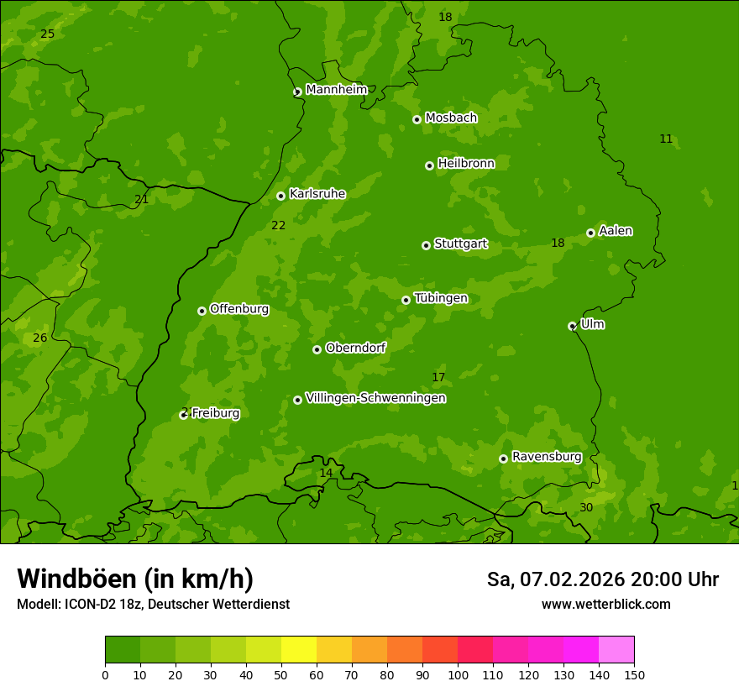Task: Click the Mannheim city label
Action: coord(336,90)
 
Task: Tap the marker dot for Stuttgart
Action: coord(426,245)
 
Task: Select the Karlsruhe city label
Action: coord(317,194)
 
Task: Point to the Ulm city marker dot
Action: coord(572,326)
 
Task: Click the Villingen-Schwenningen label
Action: coord(375,398)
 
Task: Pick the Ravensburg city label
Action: coord(546,457)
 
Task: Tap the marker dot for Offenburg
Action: coord(202,311)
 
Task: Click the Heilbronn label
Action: coord(466,164)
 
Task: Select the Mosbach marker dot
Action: coord(417,119)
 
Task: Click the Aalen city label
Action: coord(616,231)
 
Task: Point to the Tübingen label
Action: coord(440,298)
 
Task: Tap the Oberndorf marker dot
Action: coord(317,349)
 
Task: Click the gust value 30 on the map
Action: coord(586,507)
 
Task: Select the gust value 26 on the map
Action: coord(39,338)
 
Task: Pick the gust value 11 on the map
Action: coord(666,139)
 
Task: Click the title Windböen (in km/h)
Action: coord(134,579)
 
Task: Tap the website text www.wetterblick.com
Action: coord(605,604)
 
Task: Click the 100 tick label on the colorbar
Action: coord(458,674)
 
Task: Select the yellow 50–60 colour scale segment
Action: coord(299,650)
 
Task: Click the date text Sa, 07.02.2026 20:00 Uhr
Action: coord(602,579)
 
